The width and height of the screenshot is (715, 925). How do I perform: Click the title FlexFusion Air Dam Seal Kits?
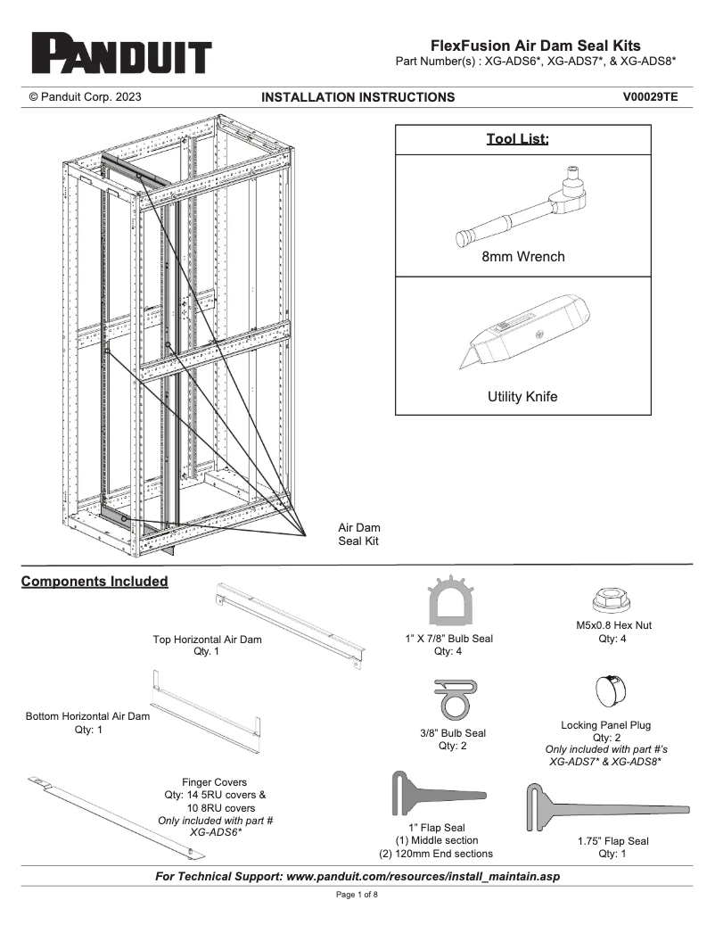tap(535, 45)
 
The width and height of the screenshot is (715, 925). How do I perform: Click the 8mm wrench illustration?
tap(522, 205)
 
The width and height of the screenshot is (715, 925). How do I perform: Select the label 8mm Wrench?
tap(522, 257)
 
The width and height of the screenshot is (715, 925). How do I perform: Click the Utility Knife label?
tap(522, 397)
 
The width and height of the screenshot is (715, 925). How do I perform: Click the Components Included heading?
tap(95, 582)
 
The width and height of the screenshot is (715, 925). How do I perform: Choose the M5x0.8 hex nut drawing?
tap(613, 599)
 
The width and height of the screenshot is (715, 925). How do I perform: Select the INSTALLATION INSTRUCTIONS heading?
tap(357, 97)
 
